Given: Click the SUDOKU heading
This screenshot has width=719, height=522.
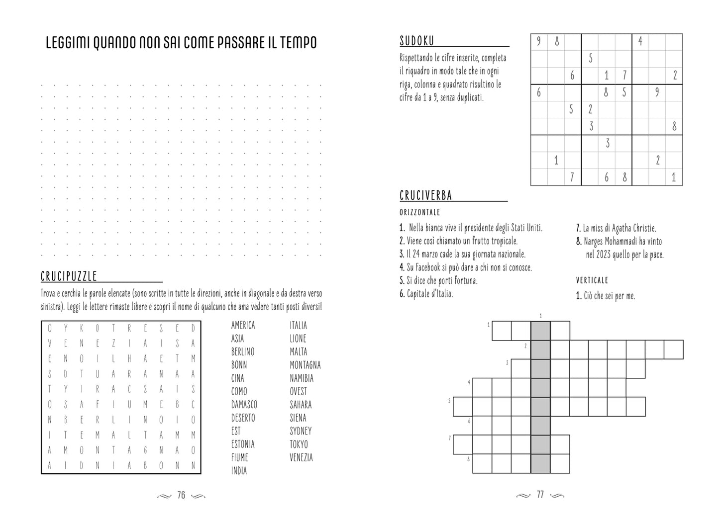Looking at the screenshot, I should click(x=417, y=41).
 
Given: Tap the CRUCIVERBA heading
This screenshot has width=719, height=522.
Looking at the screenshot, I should click(x=426, y=195).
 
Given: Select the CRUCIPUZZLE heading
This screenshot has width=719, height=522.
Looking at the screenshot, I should click(x=69, y=276).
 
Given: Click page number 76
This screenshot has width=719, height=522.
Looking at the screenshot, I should click(x=181, y=495).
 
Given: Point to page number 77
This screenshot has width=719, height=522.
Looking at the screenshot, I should click(x=540, y=495).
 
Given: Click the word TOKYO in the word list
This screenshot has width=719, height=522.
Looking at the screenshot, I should click(x=299, y=444).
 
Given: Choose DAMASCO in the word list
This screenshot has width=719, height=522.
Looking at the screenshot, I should click(x=244, y=405).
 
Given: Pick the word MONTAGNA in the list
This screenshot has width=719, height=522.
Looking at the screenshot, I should click(x=305, y=365).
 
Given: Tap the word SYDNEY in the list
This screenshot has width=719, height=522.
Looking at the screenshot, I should click(x=301, y=431).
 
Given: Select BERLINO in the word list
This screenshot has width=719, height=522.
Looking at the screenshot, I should click(x=243, y=351).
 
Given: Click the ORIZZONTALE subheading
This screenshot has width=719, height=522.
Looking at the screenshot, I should click(x=420, y=213).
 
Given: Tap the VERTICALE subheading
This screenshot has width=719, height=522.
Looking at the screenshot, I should click(x=592, y=280).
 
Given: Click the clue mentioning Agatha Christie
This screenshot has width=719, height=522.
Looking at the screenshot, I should click(x=616, y=228).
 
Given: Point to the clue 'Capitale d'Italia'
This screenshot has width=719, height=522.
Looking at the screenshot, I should click(x=426, y=294).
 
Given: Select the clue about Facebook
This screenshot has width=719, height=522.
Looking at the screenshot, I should click(x=466, y=267).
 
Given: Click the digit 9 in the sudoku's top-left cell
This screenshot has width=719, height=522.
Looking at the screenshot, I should click(x=539, y=42).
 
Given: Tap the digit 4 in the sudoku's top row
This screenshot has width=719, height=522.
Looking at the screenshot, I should click(x=640, y=42).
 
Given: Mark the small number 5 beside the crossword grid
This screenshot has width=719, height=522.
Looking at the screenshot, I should click(x=449, y=400).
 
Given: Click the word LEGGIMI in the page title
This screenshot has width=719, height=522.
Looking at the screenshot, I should click(x=67, y=43).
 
